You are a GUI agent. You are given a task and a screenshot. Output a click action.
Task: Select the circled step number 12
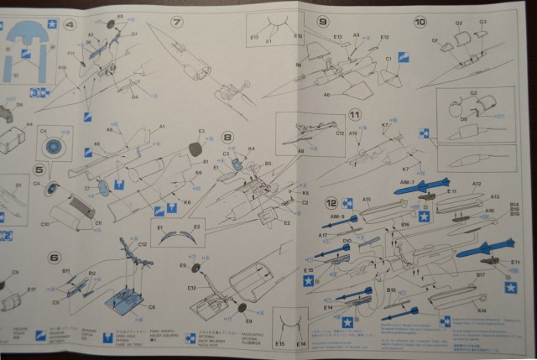[333, 202]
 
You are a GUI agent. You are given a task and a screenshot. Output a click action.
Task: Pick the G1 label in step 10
[435, 39]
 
